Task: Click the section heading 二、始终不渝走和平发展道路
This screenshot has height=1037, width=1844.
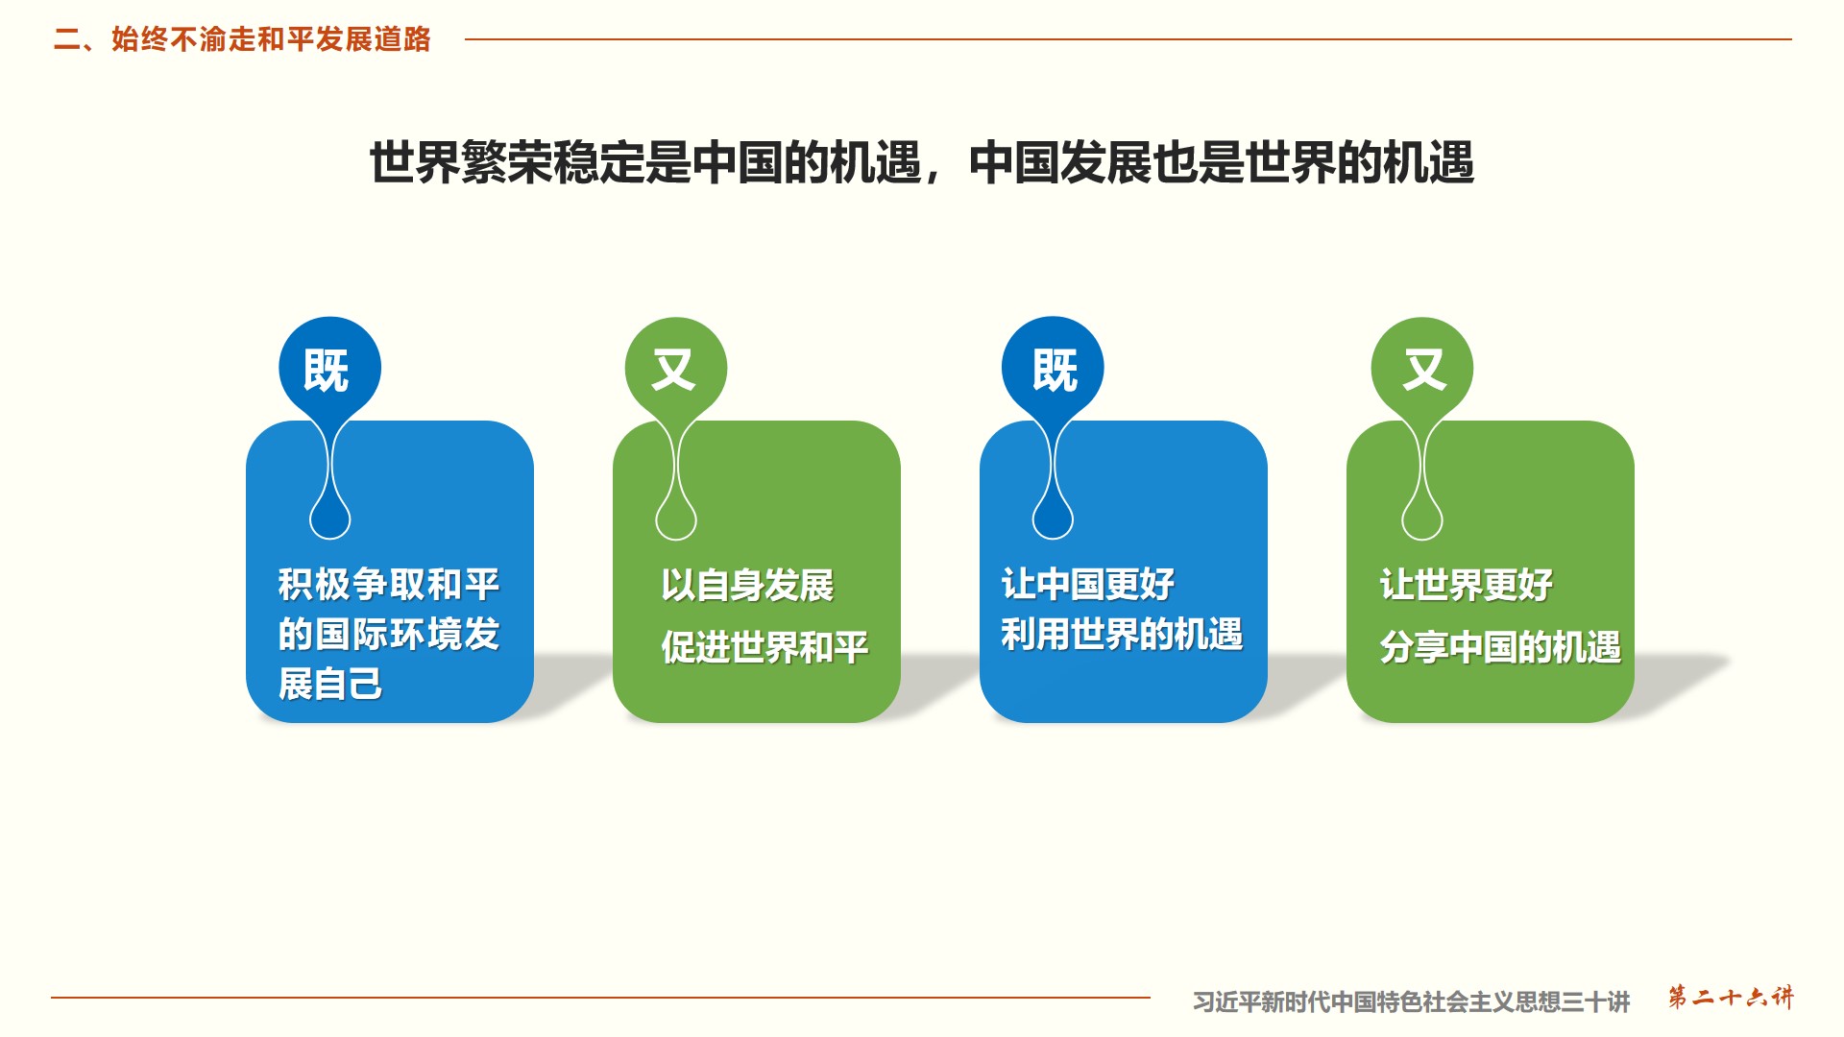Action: (242, 39)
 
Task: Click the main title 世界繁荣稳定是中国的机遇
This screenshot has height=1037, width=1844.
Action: (645, 162)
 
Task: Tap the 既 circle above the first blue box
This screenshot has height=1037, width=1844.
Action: (329, 368)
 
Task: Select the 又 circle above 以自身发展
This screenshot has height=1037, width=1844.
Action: (676, 368)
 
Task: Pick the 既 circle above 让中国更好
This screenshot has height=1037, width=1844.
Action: (1053, 368)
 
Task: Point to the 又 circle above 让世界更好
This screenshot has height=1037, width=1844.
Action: (1422, 368)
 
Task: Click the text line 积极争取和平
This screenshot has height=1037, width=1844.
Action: (389, 584)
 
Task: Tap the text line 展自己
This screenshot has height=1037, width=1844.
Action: (330, 685)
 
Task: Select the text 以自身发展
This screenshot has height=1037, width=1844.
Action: (747, 585)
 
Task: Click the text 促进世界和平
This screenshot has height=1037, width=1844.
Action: (764, 647)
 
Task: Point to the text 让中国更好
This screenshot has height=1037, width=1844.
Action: (1088, 584)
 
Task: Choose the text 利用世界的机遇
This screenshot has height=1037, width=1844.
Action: (1122, 635)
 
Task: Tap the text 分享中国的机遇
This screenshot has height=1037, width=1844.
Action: (1500, 647)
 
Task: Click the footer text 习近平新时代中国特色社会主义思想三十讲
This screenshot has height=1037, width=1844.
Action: (1412, 1002)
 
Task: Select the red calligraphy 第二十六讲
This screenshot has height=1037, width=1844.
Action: (1731, 998)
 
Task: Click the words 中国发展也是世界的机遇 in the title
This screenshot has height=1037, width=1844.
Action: (1222, 162)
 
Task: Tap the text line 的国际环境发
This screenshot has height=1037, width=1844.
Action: (389, 635)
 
